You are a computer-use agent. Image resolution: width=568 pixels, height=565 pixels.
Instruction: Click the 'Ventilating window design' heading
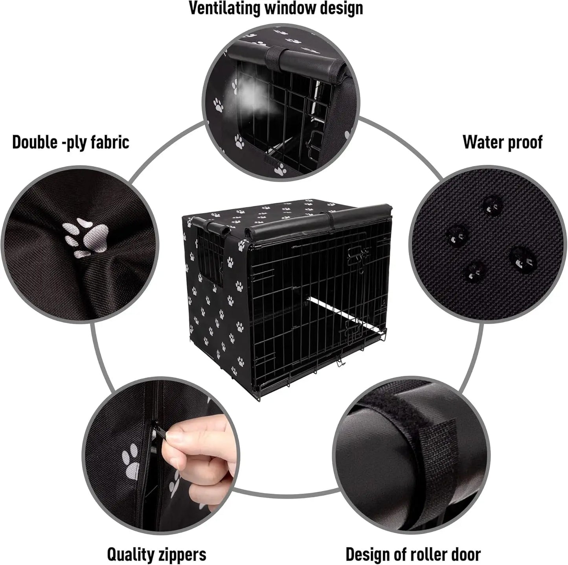276,9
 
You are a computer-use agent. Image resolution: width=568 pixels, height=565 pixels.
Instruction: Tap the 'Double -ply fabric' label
71,142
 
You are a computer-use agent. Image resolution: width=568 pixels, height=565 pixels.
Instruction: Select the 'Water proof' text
502,142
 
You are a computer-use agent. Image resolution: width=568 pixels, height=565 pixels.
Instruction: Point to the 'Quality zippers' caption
156,555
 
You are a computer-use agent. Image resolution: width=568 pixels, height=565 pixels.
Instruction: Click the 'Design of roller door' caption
413,555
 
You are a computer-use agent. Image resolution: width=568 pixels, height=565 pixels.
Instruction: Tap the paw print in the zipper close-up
132,460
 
